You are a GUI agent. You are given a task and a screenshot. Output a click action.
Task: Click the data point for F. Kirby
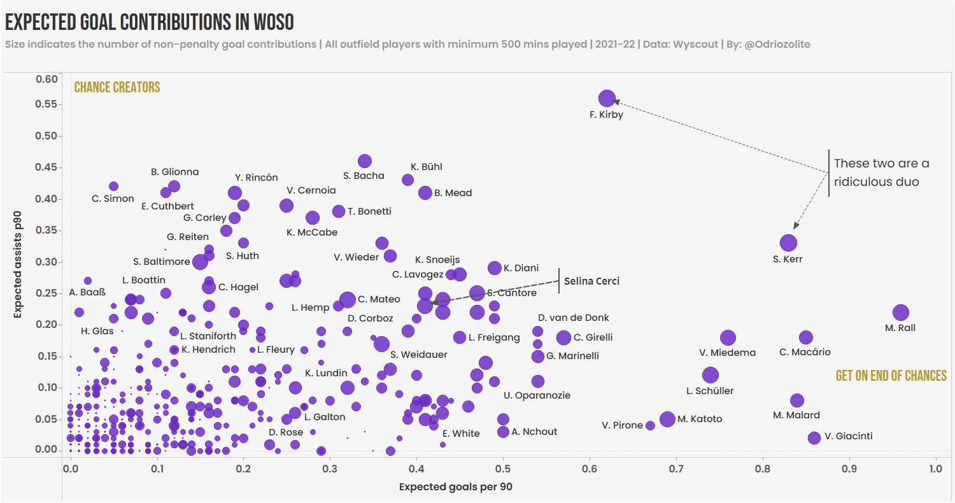coord(607,99)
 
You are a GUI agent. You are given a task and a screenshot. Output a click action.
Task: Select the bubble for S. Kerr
coord(788,243)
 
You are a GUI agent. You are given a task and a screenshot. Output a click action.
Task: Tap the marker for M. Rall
coord(900,312)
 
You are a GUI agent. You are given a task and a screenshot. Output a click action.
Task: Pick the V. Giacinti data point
coord(814,437)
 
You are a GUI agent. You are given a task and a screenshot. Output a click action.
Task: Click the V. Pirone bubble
coord(650,425)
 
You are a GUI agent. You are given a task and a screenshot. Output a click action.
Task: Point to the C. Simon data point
coord(114,186)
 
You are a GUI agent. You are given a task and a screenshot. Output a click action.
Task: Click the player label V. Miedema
coord(727,352)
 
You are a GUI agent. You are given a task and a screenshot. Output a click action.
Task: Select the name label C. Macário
coord(805,351)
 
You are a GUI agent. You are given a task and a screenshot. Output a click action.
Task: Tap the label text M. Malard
coord(796,415)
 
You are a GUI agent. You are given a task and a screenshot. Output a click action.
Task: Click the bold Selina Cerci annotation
coord(591,281)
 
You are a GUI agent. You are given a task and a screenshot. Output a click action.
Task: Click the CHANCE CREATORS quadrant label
coord(117,88)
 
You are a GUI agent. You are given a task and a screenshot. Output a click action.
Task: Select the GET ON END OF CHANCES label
coord(891,376)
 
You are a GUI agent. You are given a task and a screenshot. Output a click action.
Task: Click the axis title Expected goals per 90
coord(455,487)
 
